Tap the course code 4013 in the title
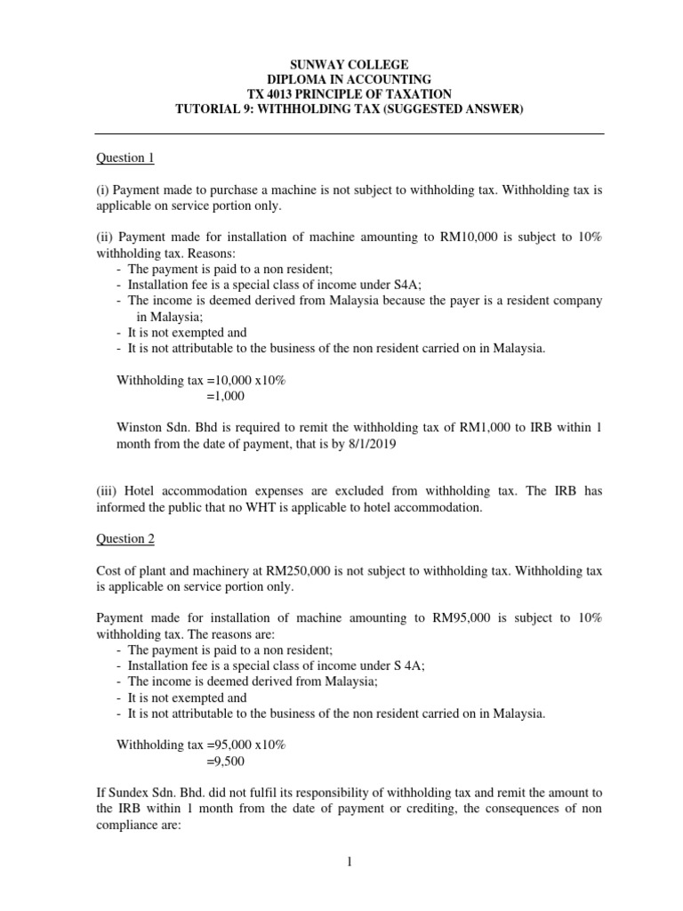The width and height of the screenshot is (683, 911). (285, 93)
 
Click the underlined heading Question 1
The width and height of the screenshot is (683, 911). (125, 158)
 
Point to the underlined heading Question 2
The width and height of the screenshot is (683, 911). (125, 539)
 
